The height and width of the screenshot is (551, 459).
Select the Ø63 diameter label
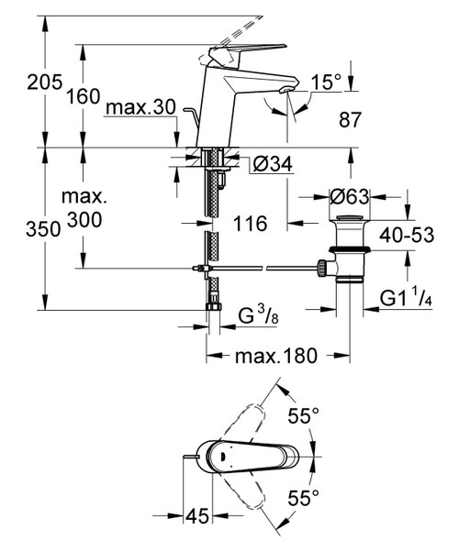click(351, 195)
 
